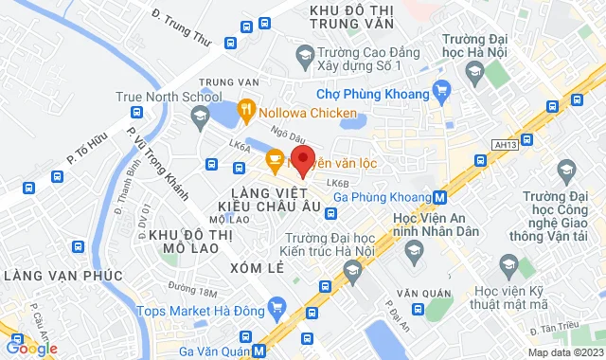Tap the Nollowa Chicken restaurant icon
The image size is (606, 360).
click(245, 110)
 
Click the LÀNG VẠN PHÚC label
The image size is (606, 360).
click(63, 275)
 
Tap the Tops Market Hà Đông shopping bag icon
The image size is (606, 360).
click(276, 309)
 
